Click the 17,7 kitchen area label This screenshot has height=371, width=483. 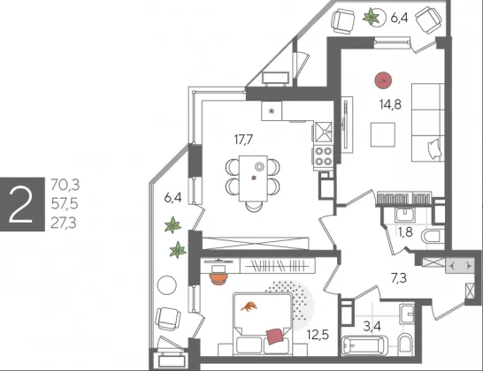click(x=243, y=140)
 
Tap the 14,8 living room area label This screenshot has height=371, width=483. click(x=390, y=104)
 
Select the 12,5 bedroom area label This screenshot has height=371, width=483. click(x=318, y=335)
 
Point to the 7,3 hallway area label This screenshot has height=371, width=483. click(x=399, y=278)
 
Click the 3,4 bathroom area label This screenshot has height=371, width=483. click(x=372, y=326)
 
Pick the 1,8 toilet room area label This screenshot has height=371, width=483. click(x=405, y=232)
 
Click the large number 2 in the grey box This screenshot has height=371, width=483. click(x=20, y=205)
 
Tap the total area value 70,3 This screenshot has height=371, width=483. click(x=65, y=185)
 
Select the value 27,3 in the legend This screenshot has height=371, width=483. click(x=64, y=223)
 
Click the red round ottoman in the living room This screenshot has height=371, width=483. click(x=383, y=80)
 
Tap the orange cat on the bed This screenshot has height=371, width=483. click(x=249, y=307)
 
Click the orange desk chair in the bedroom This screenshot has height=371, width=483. click(x=218, y=279)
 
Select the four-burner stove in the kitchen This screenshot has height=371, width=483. click(x=323, y=156)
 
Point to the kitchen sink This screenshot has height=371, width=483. click(x=323, y=132)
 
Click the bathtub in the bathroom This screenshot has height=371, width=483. click(x=364, y=345)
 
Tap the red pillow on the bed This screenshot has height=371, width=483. click(x=274, y=337)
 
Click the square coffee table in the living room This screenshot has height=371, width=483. click(x=383, y=135)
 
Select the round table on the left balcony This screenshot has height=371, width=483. click(x=167, y=285)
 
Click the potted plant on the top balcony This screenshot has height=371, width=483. click(x=372, y=17)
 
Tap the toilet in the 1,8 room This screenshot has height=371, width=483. click(x=433, y=237)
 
